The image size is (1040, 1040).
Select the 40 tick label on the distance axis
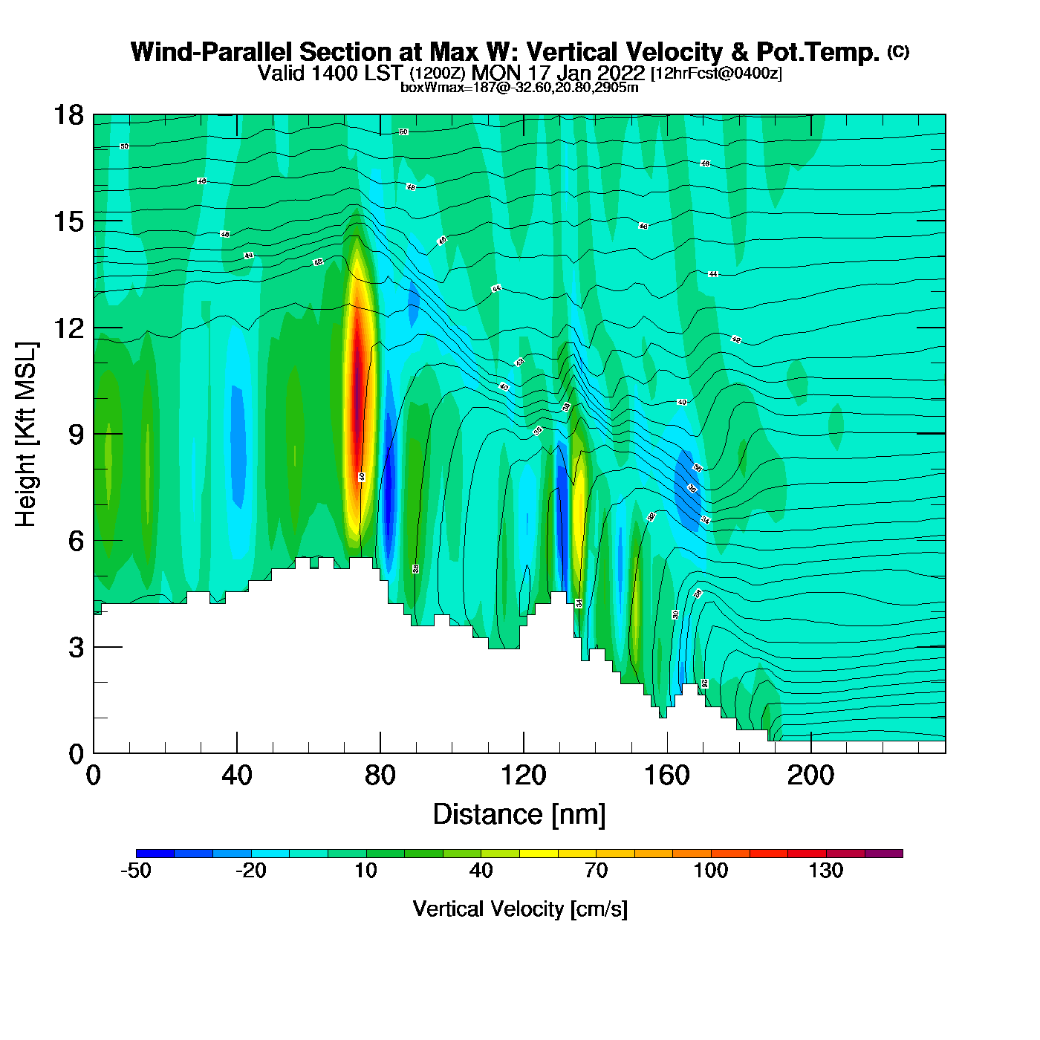(x=237, y=776)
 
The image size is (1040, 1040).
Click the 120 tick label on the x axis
(x=523, y=776)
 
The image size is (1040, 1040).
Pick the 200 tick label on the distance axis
(x=810, y=776)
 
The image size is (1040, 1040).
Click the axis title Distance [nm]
(x=519, y=815)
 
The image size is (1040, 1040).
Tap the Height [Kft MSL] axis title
(x=26, y=435)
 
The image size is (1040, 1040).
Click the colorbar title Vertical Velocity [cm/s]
(x=520, y=909)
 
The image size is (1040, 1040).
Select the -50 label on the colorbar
(x=136, y=871)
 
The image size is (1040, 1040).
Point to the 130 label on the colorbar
(x=826, y=871)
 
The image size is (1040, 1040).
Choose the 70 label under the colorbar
(x=596, y=871)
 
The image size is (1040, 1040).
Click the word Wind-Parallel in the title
(x=212, y=52)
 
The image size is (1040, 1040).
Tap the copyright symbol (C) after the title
(x=898, y=51)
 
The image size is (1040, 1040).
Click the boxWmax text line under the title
(x=519, y=87)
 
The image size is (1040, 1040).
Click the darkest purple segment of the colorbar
(x=884, y=854)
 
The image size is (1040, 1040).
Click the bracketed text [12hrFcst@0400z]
(x=716, y=74)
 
